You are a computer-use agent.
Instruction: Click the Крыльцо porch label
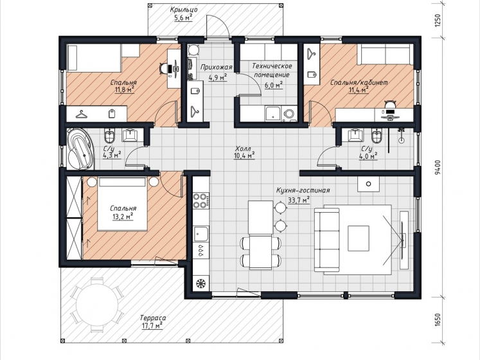pos(184,10)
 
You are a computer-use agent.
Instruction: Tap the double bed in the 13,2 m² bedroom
pos(121,204)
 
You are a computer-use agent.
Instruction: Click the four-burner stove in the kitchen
pos(201,201)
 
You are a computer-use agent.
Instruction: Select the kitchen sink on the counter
pos(201,235)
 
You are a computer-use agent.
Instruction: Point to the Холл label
pos(243,148)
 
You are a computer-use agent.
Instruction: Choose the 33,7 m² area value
pos(299,200)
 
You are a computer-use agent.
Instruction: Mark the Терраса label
pos(153,318)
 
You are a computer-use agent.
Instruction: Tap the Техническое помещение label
pos(272,70)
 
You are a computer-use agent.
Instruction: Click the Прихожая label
pos(217,67)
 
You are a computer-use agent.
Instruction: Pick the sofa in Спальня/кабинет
pos(386,54)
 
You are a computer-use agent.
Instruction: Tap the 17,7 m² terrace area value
pos(152,325)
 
